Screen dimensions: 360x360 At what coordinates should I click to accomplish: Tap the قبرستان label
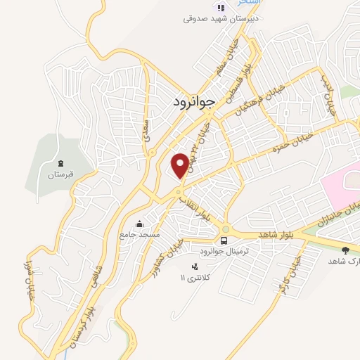point(60,173)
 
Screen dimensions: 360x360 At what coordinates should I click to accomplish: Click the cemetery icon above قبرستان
point(60,162)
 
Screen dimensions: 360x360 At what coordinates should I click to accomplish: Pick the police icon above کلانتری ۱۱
point(195,266)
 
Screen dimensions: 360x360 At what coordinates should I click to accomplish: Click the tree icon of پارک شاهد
point(345,250)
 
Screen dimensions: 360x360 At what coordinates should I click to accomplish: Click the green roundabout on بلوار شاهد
point(226,229)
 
